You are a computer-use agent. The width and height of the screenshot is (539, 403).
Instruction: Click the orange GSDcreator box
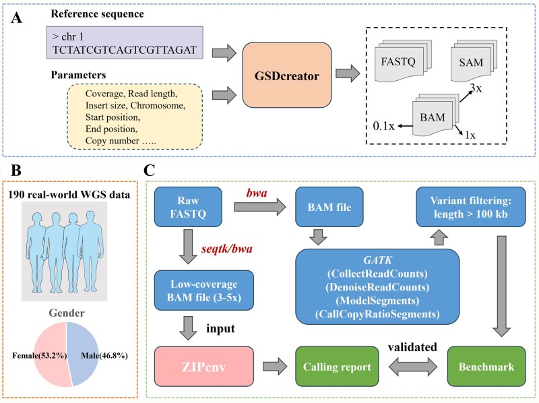287,75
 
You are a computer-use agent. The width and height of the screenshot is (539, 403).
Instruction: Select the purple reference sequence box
125,42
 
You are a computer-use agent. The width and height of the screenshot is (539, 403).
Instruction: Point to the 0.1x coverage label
383,126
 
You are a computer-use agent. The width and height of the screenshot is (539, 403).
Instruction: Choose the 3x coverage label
476,88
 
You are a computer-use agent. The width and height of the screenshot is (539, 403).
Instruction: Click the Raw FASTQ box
188,207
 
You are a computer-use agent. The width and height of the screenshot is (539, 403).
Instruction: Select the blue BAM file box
329,207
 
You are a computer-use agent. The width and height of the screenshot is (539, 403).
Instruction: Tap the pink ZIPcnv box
204,367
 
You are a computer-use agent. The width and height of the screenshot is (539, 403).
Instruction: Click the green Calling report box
337,367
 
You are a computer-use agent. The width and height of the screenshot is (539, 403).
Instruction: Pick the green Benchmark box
486,367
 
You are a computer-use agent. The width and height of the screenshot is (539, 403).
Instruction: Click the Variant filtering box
471,207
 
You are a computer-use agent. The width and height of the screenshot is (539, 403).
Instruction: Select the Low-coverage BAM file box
204,290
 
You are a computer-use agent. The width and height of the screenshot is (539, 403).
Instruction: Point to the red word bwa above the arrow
257,193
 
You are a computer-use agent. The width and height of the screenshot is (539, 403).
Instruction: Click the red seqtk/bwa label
227,249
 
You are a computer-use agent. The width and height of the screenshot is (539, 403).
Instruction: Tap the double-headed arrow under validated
413,367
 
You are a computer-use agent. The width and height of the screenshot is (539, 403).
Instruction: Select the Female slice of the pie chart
51,355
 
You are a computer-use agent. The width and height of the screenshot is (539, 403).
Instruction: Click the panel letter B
15,170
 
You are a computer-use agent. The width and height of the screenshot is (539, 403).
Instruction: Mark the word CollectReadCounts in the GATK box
377,274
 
